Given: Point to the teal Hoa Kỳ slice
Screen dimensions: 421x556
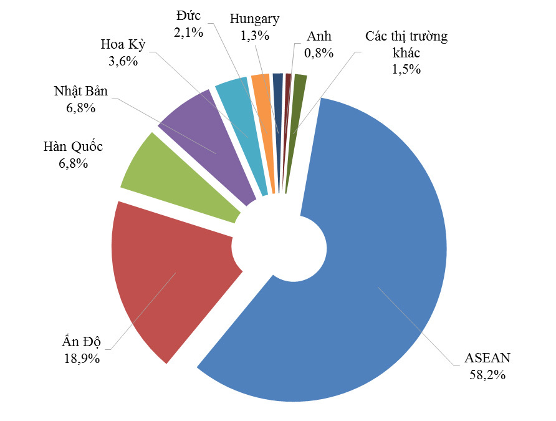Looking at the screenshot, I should [x=240, y=125].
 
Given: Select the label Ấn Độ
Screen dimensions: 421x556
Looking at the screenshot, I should [x=82, y=341].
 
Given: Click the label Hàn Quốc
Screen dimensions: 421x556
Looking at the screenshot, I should [x=73, y=147].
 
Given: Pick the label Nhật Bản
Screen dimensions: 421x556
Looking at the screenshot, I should [x=81, y=92].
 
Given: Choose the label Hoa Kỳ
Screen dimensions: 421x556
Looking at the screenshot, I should [x=122, y=45].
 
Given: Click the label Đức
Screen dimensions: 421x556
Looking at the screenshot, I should [x=189, y=15].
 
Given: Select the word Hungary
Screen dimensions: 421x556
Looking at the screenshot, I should [x=254, y=19].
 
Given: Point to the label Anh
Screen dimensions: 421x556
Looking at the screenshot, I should [x=319, y=37].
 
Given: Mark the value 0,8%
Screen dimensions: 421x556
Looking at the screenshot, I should [x=319, y=53].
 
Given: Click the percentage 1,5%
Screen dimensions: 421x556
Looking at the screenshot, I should [x=406, y=69].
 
